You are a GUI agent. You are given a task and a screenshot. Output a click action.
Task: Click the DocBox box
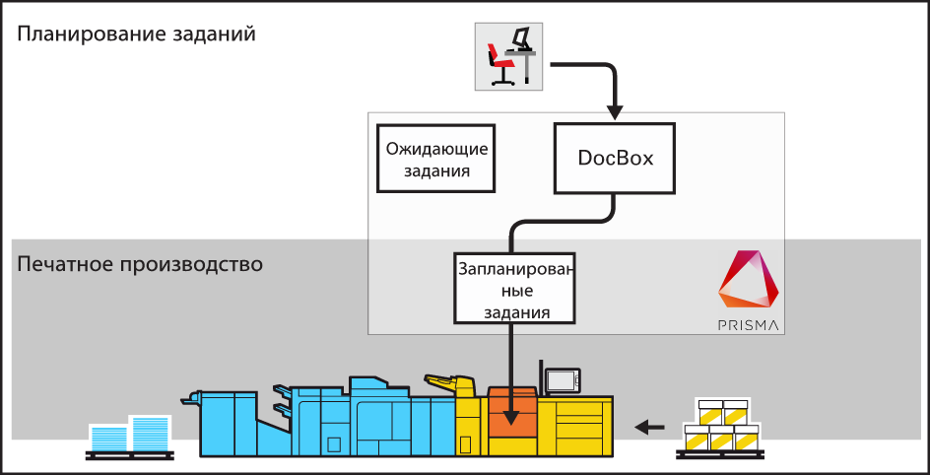pyautogui.click(x=616, y=158)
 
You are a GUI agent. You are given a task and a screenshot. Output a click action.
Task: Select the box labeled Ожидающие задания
pyautogui.click(x=436, y=159)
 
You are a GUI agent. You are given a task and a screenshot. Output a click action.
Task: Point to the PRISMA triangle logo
pyautogui.click(x=750, y=282)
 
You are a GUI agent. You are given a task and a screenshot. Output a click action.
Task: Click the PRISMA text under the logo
pyautogui.click(x=750, y=324)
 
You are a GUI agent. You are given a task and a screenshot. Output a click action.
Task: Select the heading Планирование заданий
pyautogui.click(x=137, y=34)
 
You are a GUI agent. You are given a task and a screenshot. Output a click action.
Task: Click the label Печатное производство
pyautogui.click(x=140, y=265)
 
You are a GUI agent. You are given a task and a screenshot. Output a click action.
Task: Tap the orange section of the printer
pyautogui.click(x=512, y=413)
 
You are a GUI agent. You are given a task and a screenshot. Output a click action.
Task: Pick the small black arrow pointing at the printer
pyautogui.click(x=649, y=427)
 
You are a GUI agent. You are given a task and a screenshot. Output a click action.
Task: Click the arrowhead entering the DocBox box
pyautogui.click(x=615, y=107)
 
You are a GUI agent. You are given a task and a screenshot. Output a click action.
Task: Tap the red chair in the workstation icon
pyautogui.click(x=500, y=66)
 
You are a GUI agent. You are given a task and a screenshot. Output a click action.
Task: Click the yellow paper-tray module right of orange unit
pyautogui.click(x=573, y=424)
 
